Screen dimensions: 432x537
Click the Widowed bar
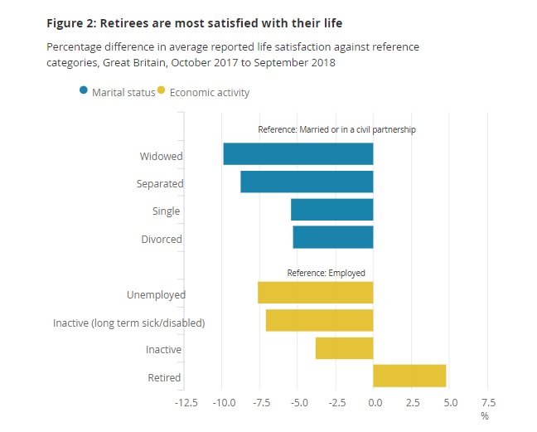coord(298,154)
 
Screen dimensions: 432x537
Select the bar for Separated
coord(307,182)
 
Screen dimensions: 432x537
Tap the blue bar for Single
coord(331,210)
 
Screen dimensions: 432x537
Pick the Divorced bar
coord(332,237)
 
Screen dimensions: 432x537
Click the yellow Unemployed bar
coord(315,293)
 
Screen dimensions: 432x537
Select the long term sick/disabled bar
coord(319,320)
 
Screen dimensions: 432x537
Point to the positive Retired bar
coord(409,376)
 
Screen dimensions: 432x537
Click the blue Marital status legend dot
coord(85,92)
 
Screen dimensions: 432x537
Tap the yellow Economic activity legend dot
coord(161,92)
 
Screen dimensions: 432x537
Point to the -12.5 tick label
coord(185,404)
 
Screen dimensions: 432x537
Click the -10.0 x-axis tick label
coord(223,404)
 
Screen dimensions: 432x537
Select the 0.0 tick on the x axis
coord(374,404)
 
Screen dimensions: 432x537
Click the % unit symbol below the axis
coord(485,415)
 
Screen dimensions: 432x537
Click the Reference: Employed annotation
coord(326,273)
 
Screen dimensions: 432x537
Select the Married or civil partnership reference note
coord(336,129)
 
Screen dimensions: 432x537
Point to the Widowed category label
coord(162,156)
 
